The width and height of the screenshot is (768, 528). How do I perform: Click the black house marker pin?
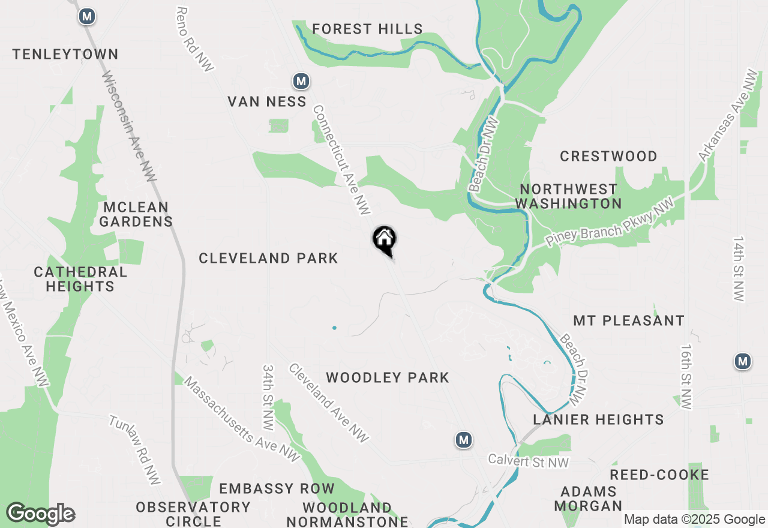click(x=385, y=241)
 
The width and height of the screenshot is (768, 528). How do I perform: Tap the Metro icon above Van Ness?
click(x=301, y=80)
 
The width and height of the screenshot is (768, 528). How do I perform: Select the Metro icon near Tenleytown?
click(x=87, y=16)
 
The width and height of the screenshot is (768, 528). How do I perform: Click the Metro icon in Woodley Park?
click(x=463, y=440)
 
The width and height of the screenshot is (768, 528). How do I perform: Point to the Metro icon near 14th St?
click(x=743, y=361)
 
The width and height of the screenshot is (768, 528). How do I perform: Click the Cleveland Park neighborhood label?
click(x=268, y=258)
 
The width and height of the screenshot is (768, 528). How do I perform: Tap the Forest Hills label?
click(x=367, y=29)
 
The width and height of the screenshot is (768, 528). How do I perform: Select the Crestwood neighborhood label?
click(x=608, y=156)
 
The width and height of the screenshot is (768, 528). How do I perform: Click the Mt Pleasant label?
click(x=629, y=320)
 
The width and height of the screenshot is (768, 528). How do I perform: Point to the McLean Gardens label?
click(x=136, y=214)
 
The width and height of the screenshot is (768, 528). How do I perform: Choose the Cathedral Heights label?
click(x=80, y=279)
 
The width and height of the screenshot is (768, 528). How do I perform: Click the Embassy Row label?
click(x=276, y=488)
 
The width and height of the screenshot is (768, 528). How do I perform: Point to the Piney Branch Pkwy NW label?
click(x=609, y=223)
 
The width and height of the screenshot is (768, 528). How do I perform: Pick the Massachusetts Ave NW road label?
click(x=241, y=419)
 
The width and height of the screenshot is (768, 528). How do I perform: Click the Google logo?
click(x=41, y=514)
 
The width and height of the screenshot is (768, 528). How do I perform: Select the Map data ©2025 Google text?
click(x=694, y=520)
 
